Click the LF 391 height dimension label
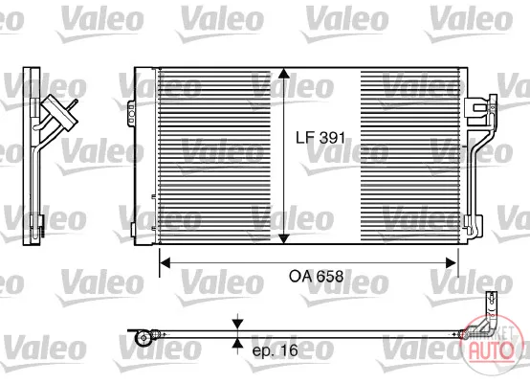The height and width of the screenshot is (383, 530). pos(320,138)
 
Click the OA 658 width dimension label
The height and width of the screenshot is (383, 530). pos(316,277)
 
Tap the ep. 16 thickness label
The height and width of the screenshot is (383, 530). pos(276,350)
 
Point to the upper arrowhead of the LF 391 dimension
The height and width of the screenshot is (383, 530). pos(283,74)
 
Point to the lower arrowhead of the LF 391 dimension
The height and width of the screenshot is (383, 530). pos(283,237)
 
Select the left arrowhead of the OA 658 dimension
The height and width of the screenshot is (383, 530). pos(165,263)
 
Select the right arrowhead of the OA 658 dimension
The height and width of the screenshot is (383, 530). pos(452,263)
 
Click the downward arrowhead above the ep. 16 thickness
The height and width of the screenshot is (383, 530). pos(238,324)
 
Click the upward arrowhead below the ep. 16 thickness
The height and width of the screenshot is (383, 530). pos(238,344)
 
